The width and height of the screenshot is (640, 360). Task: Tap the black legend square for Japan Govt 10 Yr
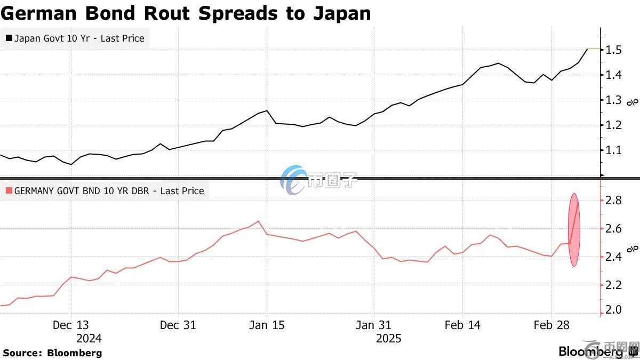[x=9, y=38]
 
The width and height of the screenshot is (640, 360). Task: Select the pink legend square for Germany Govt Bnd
[x=9, y=190]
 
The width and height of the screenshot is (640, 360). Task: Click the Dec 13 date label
[x=71, y=325]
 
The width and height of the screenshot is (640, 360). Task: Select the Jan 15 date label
[x=267, y=325]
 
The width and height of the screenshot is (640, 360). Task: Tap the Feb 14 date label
[x=462, y=325]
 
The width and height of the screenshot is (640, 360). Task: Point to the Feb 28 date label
[x=551, y=325]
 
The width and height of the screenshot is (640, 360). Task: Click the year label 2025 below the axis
[x=389, y=338]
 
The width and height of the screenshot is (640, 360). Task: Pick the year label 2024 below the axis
[x=89, y=338]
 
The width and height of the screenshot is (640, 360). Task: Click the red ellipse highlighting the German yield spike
[x=574, y=230]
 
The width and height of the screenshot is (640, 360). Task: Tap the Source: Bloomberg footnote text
[x=52, y=353]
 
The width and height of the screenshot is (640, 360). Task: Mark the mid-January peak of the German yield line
[x=258, y=221]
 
